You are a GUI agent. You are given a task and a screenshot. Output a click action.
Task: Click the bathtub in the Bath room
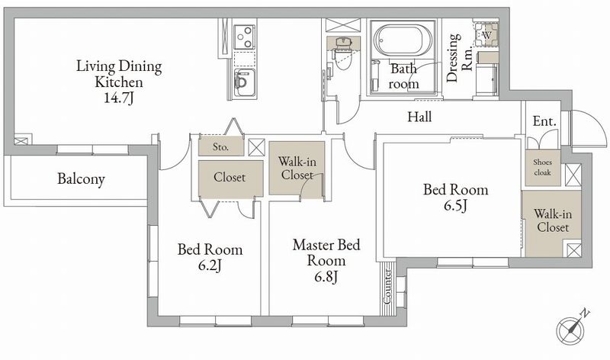(x=398, y=40)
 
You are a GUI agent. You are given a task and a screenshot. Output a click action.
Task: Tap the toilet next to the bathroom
(x=342, y=53)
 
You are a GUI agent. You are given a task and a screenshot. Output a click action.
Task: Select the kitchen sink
(x=245, y=82)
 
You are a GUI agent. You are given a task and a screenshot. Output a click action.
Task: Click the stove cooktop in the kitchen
(x=245, y=37)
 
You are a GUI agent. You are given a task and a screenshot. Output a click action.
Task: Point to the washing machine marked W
(x=486, y=34)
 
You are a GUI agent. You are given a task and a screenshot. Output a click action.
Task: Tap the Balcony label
(x=81, y=179)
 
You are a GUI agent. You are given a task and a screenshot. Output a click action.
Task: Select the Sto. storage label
(x=220, y=147)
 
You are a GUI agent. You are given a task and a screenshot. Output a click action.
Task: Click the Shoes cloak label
(x=542, y=167)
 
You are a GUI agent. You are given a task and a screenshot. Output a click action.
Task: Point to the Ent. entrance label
(x=544, y=121)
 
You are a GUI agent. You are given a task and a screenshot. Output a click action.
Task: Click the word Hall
(x=419, y=117)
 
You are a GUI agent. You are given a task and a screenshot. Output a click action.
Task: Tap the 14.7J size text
(x=119, y=98)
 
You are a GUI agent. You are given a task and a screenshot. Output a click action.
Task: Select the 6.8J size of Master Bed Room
(x=326, y=277)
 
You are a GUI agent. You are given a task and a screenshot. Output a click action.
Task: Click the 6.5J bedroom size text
(x=455, y=205)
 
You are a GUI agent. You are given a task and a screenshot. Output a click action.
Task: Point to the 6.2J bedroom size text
(x=210, y=265)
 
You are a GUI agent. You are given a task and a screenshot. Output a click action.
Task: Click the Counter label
(x=387, y=287)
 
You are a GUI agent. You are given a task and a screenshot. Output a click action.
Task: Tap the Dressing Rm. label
(x=459, y=58)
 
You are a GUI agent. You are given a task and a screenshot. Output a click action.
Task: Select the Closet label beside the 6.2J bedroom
(x=230, y=178)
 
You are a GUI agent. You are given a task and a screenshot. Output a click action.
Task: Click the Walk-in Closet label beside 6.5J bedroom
(x=553, y=220)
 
